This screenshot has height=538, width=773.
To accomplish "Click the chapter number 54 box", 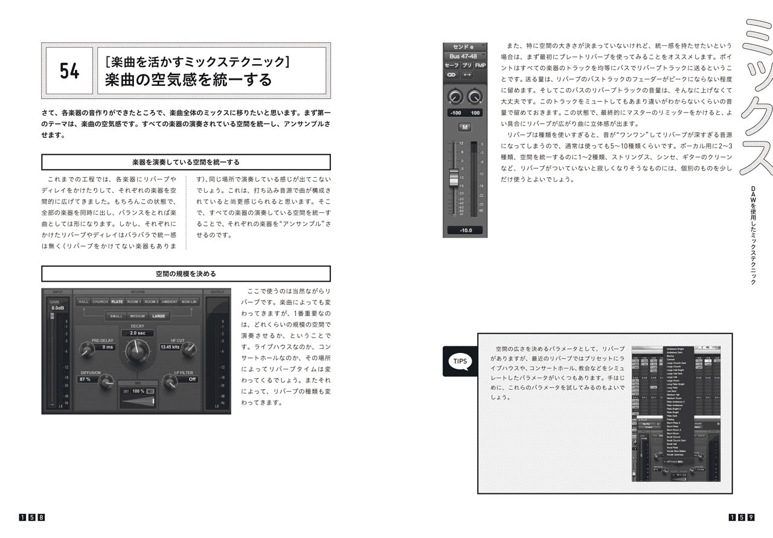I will (x=69, y=71).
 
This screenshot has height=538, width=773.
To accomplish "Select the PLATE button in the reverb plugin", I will (x=117, y=302).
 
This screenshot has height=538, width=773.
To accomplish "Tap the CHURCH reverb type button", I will (x=100, y=302).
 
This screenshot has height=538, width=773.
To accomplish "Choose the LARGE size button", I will (x=158, y=316).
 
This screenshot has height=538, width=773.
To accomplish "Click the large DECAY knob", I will (x=137, y=350).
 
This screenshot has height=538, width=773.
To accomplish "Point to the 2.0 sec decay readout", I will (x=137, y=333).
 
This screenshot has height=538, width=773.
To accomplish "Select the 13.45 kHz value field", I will (x=170, y=347).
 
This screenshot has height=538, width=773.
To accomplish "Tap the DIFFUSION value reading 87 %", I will (x=86, y=380).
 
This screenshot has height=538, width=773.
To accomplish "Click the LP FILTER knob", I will (x=170, y=381).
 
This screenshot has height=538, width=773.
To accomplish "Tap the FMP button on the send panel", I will (x=480, y=65).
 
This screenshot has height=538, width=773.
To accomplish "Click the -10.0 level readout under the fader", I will (x=465, y=230).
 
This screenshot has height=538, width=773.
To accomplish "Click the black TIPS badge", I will (x=460, y=361).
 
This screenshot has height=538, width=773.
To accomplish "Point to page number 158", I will (x=32, y=517).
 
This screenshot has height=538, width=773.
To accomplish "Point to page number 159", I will (x=742, y=517).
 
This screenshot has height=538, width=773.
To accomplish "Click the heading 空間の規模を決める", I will (x=185, y=274).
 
